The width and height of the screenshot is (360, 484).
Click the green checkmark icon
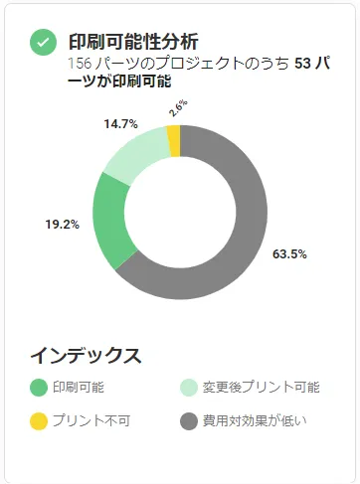(42, 42)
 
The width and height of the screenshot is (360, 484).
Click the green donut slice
(107, 221)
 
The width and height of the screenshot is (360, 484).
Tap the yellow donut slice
(173, 140)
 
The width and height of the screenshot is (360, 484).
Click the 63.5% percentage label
(289, 253)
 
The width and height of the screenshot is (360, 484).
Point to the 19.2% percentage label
(61, 224)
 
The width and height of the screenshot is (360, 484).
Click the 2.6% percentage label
(178, 108)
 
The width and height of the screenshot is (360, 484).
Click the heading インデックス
(86, 355)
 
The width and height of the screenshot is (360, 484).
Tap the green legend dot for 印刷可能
(39, 388)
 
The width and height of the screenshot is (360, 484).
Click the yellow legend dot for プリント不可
(39, 420)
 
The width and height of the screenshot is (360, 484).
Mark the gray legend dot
(188, 420)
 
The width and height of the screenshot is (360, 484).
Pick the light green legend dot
(188, 388)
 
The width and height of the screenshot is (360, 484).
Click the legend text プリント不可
(90, 420)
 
